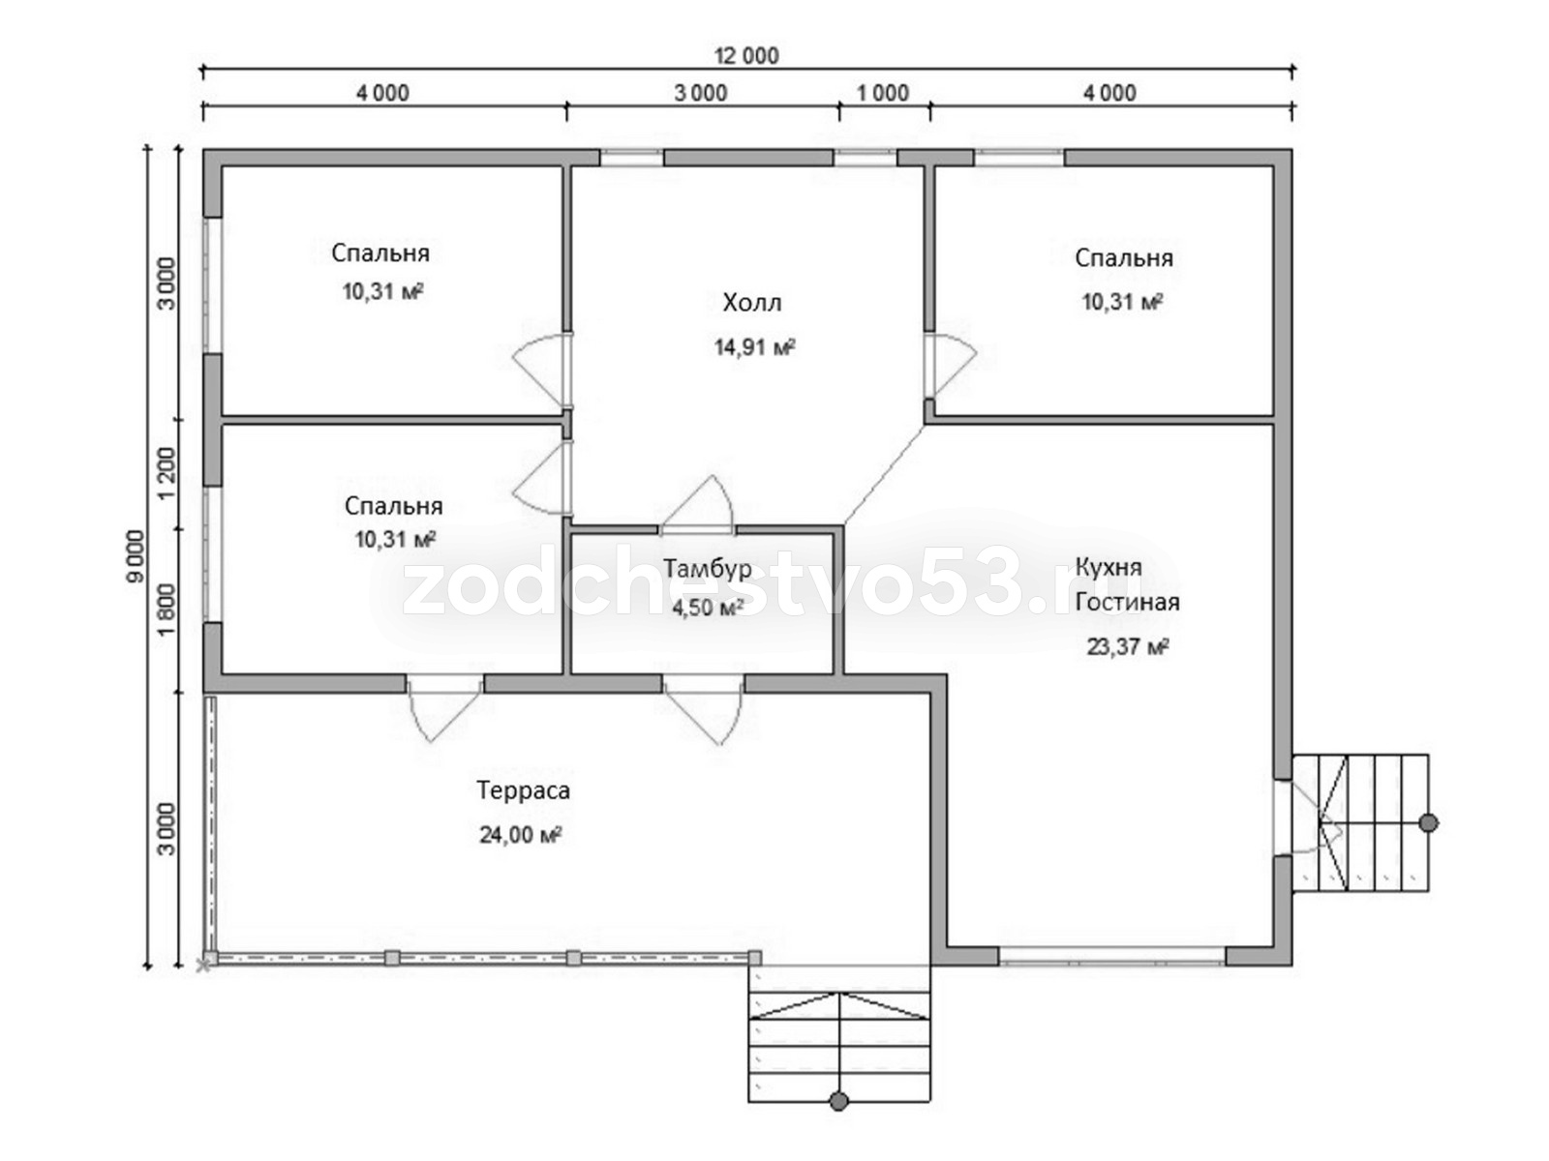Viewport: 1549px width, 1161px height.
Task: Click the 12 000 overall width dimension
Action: point(747,56)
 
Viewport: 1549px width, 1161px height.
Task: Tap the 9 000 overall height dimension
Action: point(134,556)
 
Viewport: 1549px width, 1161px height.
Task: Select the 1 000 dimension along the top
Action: point(883,93)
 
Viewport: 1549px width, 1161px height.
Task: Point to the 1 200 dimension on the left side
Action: point(167,472)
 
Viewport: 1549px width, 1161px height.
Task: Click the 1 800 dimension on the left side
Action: point(167,610)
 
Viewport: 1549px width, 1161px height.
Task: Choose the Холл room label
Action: point(752,303)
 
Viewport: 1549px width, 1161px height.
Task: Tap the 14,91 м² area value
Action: point(755,346)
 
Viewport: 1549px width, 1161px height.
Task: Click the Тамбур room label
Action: point(707,570)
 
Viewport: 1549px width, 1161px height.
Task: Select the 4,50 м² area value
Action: point(708,608)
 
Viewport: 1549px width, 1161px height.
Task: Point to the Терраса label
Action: point(523,790)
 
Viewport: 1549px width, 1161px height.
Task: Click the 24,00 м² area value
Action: point(521,835)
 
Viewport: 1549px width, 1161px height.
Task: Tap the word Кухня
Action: point(1109,567)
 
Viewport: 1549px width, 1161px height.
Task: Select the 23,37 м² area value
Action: point(1128,646)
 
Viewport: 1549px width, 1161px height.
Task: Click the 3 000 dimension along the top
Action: point(700,93)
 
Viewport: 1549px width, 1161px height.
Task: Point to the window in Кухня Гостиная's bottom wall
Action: point(1112,956)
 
